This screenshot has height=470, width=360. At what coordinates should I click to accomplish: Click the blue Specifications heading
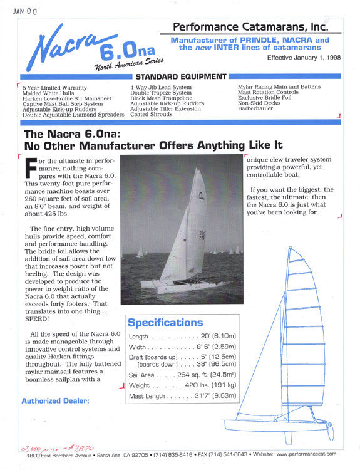(x=165, y=323)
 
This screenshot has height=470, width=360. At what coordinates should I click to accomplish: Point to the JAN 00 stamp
(x=24, y=11)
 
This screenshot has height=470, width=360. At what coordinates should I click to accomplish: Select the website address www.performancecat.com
(x=306, y=454)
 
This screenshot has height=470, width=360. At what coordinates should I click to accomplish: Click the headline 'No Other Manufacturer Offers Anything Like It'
(x=153, y=145)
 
